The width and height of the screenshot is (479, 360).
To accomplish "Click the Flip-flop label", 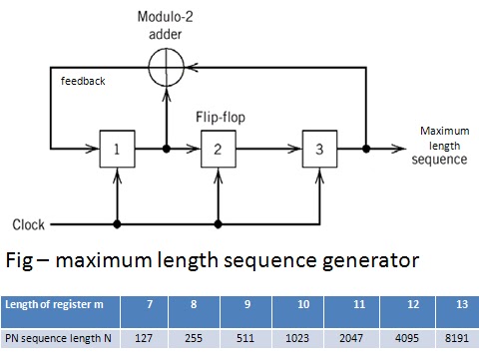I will click(220, 116).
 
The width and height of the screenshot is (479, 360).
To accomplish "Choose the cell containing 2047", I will click(357, 336).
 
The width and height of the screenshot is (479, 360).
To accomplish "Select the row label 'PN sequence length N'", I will click(60, 336).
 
